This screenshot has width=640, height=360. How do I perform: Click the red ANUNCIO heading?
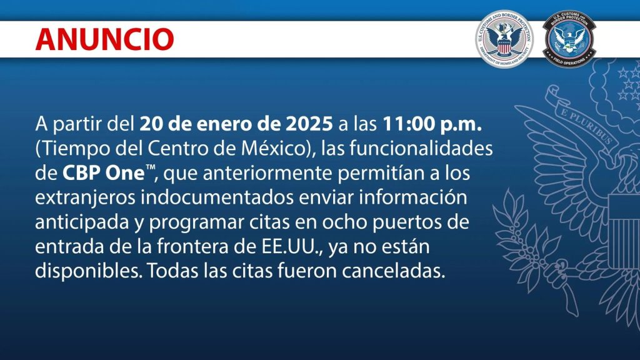pyautogui.click(x=105, y=39)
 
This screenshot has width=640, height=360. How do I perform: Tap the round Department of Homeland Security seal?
pyautogui.click(x=504, y=39)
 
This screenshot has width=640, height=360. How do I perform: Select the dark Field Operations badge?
pyautogui.click(x=569, y=39)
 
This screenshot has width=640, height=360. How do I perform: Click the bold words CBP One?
pyautogui.click(x=103, y=173)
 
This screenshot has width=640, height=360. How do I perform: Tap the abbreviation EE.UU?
pyautogui.click(x=291, y=247)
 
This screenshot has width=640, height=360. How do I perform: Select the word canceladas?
pyautogui.click(x=393, y=271)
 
